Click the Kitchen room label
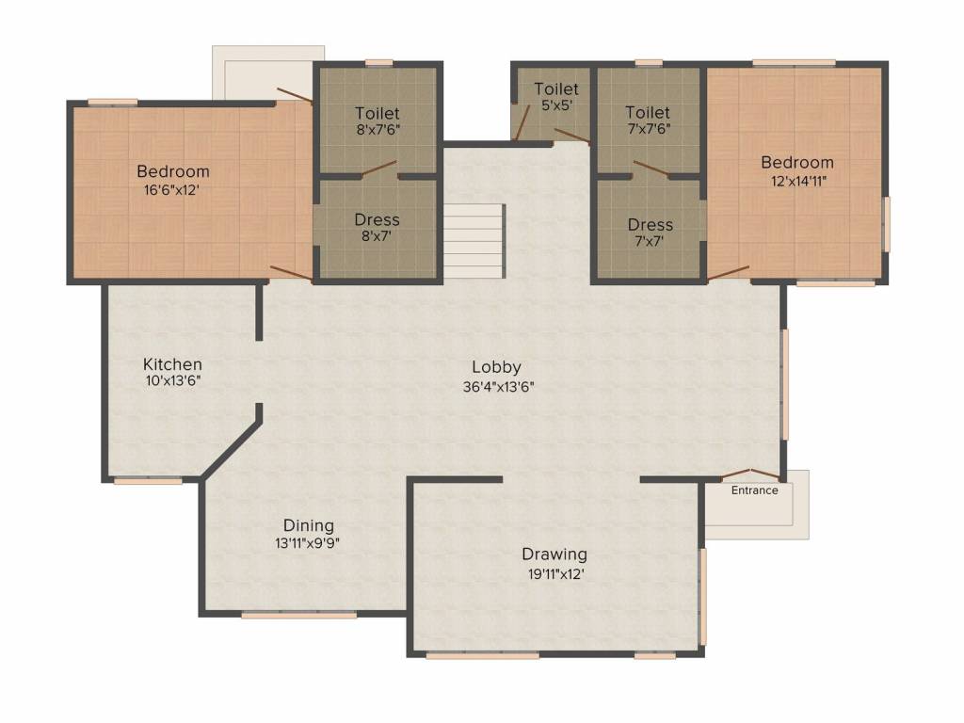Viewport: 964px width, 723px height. click(x=172, y=364)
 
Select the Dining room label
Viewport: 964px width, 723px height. click(x=309, y=525)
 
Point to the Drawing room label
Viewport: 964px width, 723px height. click(x=554, y=554)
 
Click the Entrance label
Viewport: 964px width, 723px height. click(x=755, y=490)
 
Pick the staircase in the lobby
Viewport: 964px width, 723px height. click(x=474, y=239)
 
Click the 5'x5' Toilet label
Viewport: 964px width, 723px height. click(x=556, y=88)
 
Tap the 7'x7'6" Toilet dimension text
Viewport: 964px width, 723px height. click(x=650, y=130)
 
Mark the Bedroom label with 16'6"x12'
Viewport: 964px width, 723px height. click(x=173, y=171)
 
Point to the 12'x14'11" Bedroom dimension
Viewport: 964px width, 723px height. click(x=796, y=180)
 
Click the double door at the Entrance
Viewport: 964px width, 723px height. click(x=750, y=473)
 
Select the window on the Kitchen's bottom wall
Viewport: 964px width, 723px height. click(x=148, y=481)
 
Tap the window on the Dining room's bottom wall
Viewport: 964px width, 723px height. click(x=298, y=616)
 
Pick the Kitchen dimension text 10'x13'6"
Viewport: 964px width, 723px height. click(x=172, y=381)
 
